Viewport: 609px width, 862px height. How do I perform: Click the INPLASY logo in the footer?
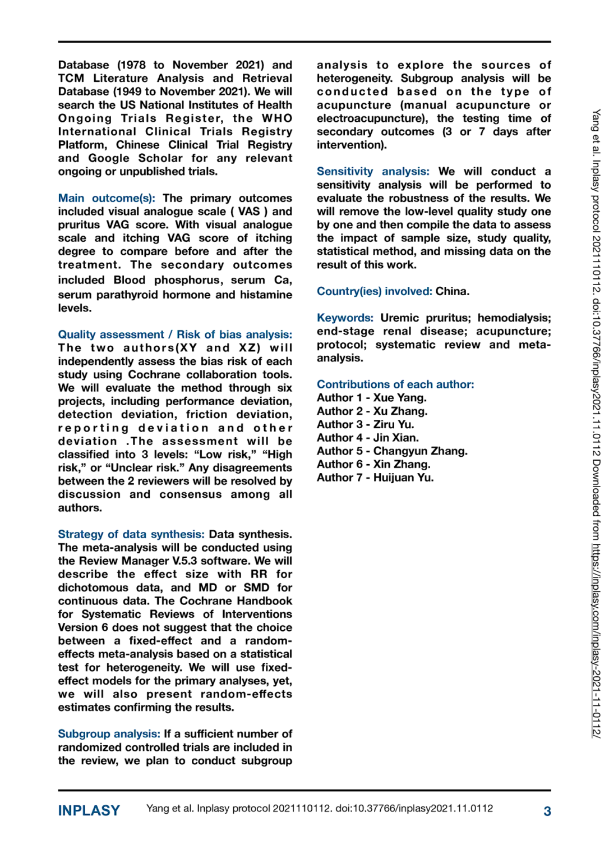(x=89, y=810)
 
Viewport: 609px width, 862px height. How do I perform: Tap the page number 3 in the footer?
(x=547, y=811)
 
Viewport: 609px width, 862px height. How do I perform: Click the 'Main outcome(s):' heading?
(x=107, y=198)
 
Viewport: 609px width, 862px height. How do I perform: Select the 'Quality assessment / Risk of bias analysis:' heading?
(x=175, y=334)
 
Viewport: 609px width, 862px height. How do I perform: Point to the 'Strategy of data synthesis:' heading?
(x=131, y=534)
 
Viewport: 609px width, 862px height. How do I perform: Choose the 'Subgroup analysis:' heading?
(x=109, y=734)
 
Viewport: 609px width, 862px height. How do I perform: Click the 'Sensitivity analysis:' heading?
(x=373, y=171)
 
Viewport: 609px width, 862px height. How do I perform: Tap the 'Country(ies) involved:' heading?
(x=374, y=291)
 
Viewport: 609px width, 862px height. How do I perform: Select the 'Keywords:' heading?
(x=345, y=318)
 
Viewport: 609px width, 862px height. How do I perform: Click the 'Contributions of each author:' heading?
(x=395, y=384)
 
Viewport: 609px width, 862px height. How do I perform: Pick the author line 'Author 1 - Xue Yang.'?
(x=371, y=398)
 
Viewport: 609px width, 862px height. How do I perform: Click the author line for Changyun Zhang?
(x=392, y=451)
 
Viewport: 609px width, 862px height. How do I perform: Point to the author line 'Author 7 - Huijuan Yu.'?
(x=375, y=478)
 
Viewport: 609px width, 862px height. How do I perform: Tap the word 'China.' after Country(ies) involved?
(x=453, y=291)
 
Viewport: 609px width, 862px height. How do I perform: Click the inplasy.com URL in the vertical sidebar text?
(x=596, y=640)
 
